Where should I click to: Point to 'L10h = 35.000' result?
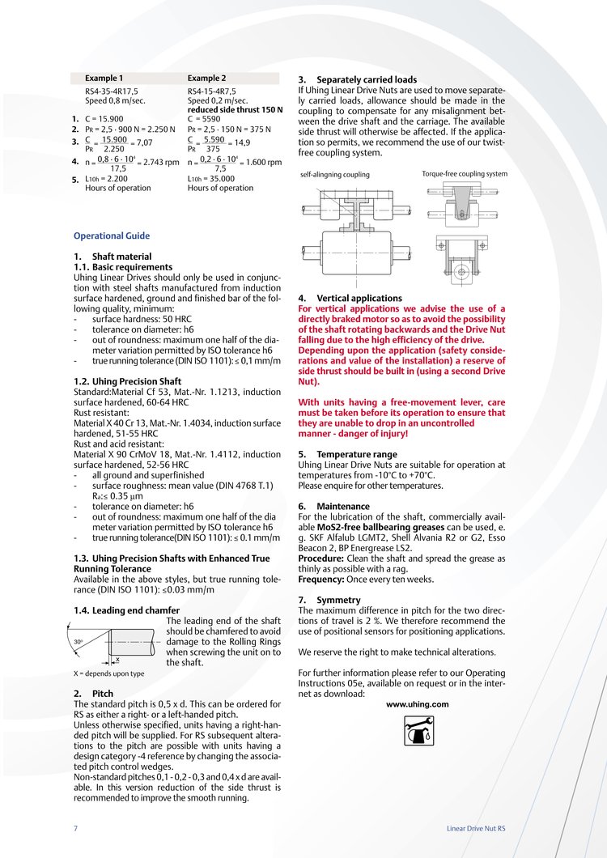coord(210,178)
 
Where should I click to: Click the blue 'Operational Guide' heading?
coord(112,236)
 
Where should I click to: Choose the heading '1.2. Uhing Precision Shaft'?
coord(127,381)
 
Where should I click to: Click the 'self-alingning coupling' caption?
coord(334,175)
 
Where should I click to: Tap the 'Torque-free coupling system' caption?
coord(465,174)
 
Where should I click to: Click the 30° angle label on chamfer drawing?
coord(79,641)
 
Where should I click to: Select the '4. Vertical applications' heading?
coord(350,299)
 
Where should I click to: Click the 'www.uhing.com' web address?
coord(417,704)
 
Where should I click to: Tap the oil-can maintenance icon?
coord(417,733)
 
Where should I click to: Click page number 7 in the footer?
coord(75,829)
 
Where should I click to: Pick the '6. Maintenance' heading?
coord(333,507)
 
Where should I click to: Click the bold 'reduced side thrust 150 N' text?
coord(236,109)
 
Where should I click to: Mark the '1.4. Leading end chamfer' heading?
coord(126,610)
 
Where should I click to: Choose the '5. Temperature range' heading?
coord(347,455)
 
